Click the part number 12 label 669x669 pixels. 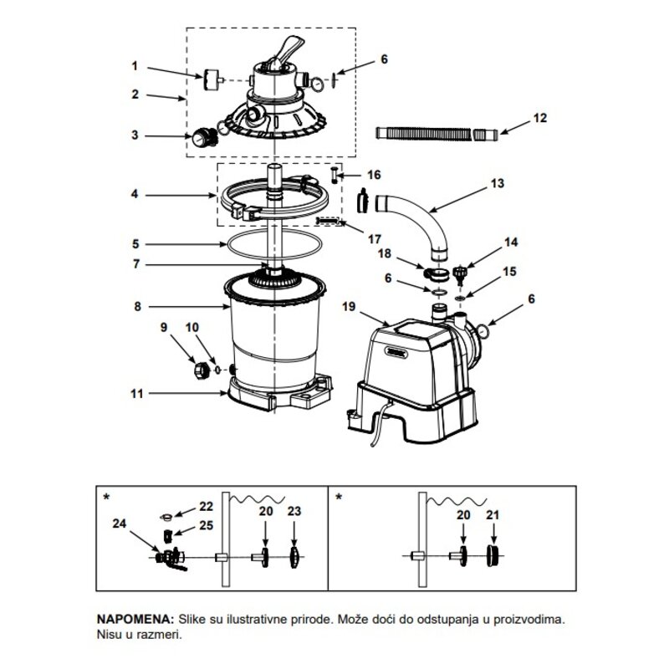pos(539,118)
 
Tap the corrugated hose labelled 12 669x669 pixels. pos(437,133)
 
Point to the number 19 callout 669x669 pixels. pos(349,306)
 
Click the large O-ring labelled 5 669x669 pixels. pos(274,244)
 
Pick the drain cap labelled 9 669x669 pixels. pos(201,370)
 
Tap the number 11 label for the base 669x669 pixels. pos(137,393)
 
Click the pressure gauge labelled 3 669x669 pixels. pos(203,137)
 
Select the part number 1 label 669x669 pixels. pos(135,66)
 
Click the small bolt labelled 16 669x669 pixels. pos(334,175)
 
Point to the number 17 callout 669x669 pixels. pos(374,239)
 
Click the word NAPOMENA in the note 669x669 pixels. pos(135,619)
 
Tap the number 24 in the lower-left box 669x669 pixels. pos(120,523)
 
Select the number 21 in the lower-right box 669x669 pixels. pos(493,515)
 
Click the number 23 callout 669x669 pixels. pos(294,511)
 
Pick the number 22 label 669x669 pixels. pos(206,507)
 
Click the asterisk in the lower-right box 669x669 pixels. pos(339,498)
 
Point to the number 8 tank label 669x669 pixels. pos(137,306)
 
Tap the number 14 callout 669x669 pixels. pos(511,243)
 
